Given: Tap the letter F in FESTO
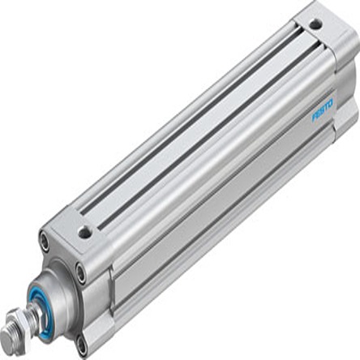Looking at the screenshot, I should coord(314,117).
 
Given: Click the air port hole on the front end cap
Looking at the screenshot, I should coord(84,233).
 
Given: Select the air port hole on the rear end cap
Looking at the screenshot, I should coord(315,25).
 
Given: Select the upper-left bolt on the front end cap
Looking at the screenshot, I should coord(45,240).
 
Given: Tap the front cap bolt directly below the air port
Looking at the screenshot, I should coord(80,272).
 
